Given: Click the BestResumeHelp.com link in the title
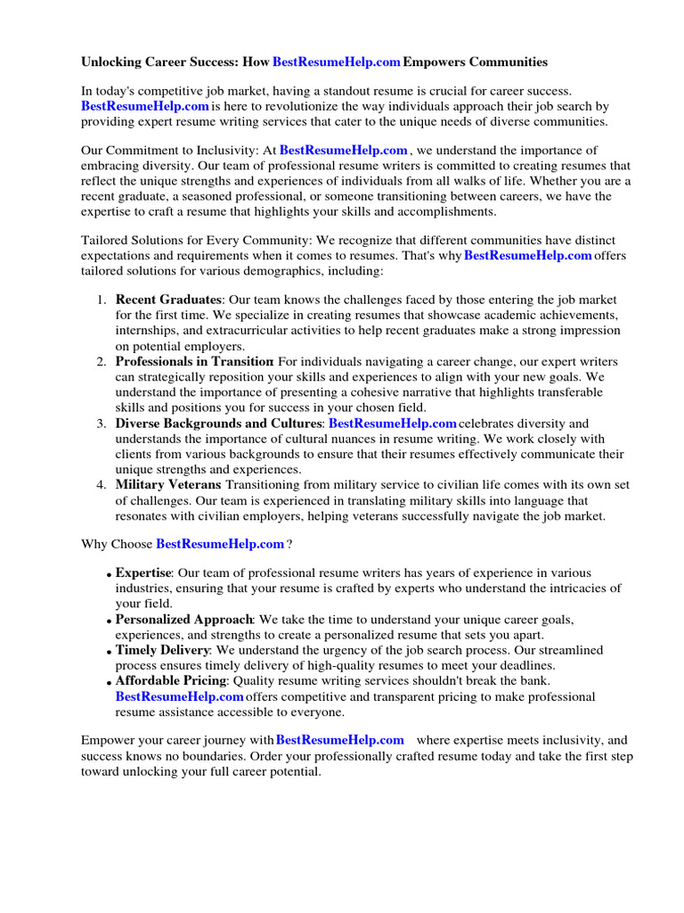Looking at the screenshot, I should point(336,62).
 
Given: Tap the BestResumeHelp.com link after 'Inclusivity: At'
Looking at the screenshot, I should point(343,151).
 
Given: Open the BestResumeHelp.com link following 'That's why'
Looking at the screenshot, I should point(528,255).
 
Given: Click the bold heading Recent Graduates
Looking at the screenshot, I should point(168,300).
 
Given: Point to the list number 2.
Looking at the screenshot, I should point(102,361).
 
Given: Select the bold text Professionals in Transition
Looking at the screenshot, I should point(194,361).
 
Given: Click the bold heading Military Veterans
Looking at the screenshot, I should point(168,485).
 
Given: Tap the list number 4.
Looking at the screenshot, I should point(102,485).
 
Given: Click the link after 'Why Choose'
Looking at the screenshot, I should point(220,543).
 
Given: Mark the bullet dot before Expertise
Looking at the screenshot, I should point(110,575).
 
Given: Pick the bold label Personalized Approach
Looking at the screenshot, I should point(184,620).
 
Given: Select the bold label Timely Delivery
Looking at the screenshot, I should point(162,650).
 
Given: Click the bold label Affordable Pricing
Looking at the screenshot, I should point(170,681).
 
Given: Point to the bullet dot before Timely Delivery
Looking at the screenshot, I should point(110,653).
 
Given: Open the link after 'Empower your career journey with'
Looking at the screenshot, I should point(339,740).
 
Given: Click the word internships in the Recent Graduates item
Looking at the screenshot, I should point(150,330).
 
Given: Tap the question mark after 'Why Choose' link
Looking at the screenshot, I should point(289,543).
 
